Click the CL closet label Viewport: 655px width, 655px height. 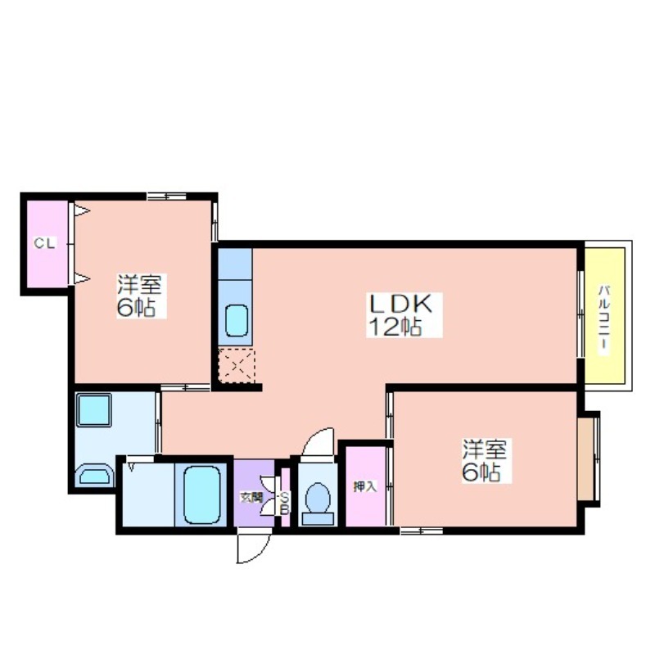coord(44,243)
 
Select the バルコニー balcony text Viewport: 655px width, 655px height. coord(603,320)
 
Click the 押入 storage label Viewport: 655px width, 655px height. coord(365,486)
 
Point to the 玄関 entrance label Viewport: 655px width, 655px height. coord(251,498)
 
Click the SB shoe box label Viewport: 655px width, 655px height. coord(284,504)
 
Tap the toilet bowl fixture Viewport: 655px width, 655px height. coord(318,504)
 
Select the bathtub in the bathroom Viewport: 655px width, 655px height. coord(201,495)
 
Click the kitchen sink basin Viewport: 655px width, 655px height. coord(237,320)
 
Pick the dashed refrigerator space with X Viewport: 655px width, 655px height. coord(237,366)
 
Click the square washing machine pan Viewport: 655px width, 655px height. coord(93,410)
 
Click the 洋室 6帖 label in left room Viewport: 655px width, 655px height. coord(139,296)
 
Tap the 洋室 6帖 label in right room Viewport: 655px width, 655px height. coord(485,461)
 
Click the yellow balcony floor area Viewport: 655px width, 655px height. coord(604,315)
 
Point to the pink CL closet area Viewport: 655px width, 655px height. coord(47,244)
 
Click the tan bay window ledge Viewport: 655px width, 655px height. coord(586,458)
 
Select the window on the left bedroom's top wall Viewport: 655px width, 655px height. coord(166,196)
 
